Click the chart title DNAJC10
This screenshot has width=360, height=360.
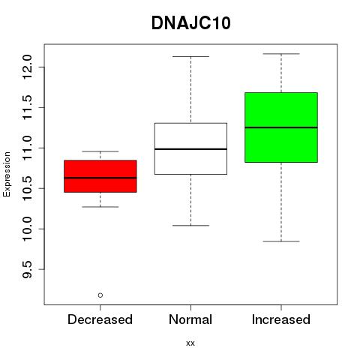[190, 23]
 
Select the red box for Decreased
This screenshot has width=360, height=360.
[100, 176]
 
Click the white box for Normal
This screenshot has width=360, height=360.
[190, 148]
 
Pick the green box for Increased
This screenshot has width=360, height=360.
[281, 127]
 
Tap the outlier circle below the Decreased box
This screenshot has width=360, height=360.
[100, 295]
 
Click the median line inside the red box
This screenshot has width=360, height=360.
[100, 178]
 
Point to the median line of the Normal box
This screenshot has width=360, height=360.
[190, 149]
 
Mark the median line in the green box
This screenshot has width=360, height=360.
[281, 127]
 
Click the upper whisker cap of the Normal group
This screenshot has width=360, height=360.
[190, 56]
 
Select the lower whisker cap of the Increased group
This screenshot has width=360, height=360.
[281, 241]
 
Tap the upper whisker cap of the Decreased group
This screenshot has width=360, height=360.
[100, 151]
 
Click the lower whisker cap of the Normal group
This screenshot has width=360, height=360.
[190, 226]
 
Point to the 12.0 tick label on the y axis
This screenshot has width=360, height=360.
[27, 67]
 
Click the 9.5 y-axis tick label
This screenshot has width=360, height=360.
[27, 269]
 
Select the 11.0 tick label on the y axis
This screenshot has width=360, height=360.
[27, 148]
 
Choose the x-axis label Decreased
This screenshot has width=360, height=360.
[100, 319]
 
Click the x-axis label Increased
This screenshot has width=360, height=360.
[281, 319]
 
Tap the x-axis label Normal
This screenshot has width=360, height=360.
[190, 319]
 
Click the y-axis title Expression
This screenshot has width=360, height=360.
[7, 174]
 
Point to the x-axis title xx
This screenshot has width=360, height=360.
[190, 343]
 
